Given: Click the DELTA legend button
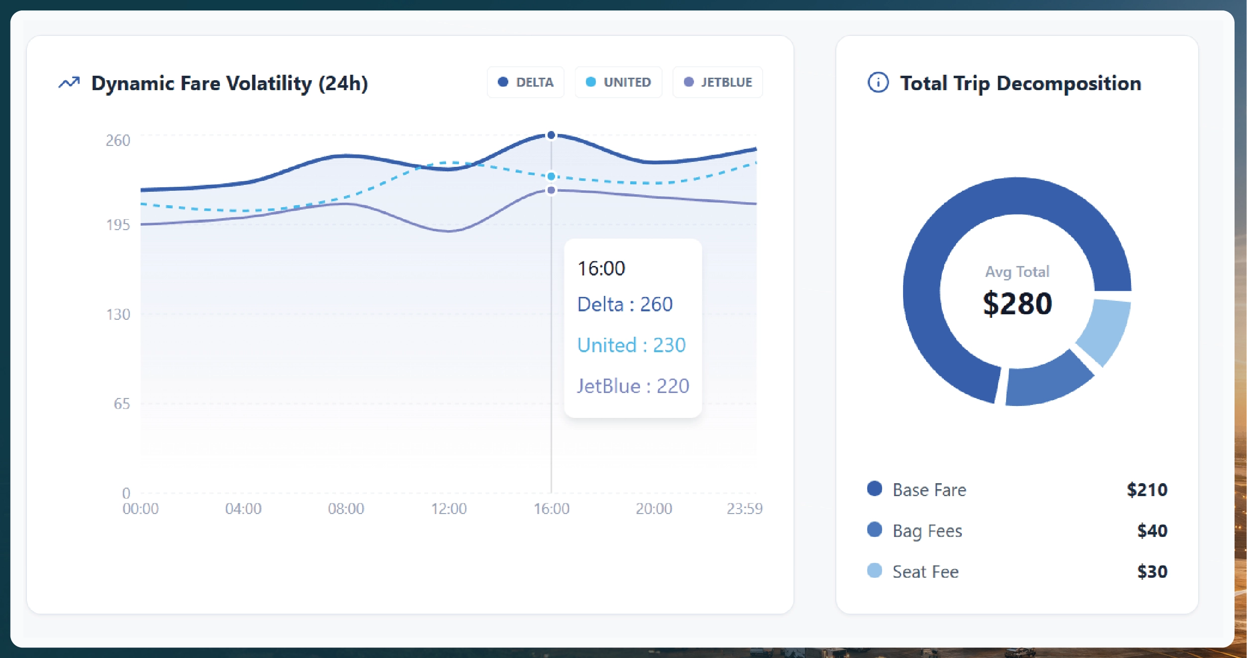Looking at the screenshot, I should pos(525,82).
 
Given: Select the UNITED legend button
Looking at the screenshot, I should pos(618,82).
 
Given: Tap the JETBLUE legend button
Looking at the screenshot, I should pos(717,82).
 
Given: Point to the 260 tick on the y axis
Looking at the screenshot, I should pos(118,140).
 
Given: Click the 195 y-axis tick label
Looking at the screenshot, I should pos(118,225).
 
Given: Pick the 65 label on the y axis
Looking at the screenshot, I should pos(121,404).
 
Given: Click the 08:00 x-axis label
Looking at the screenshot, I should pos(345,509).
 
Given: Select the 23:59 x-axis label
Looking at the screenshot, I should pos(744,509).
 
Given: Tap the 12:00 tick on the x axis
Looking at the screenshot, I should pos(449,509).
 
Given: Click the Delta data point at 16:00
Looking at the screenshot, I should pos(551,135).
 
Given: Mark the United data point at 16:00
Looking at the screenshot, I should pos(551,176).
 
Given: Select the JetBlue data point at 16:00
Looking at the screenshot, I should pos(551,190).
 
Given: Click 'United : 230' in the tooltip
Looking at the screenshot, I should pos(631,345).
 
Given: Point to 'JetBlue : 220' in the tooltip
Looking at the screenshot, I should pos(633,386).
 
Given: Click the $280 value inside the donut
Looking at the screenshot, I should pos(1017,303).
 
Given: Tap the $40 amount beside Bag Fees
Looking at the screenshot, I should pos(1152,530).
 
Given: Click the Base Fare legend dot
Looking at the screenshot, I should pos(874,489).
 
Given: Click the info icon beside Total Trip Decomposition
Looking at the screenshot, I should pos(878,83).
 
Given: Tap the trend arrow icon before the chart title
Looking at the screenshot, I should pos(69,83).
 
